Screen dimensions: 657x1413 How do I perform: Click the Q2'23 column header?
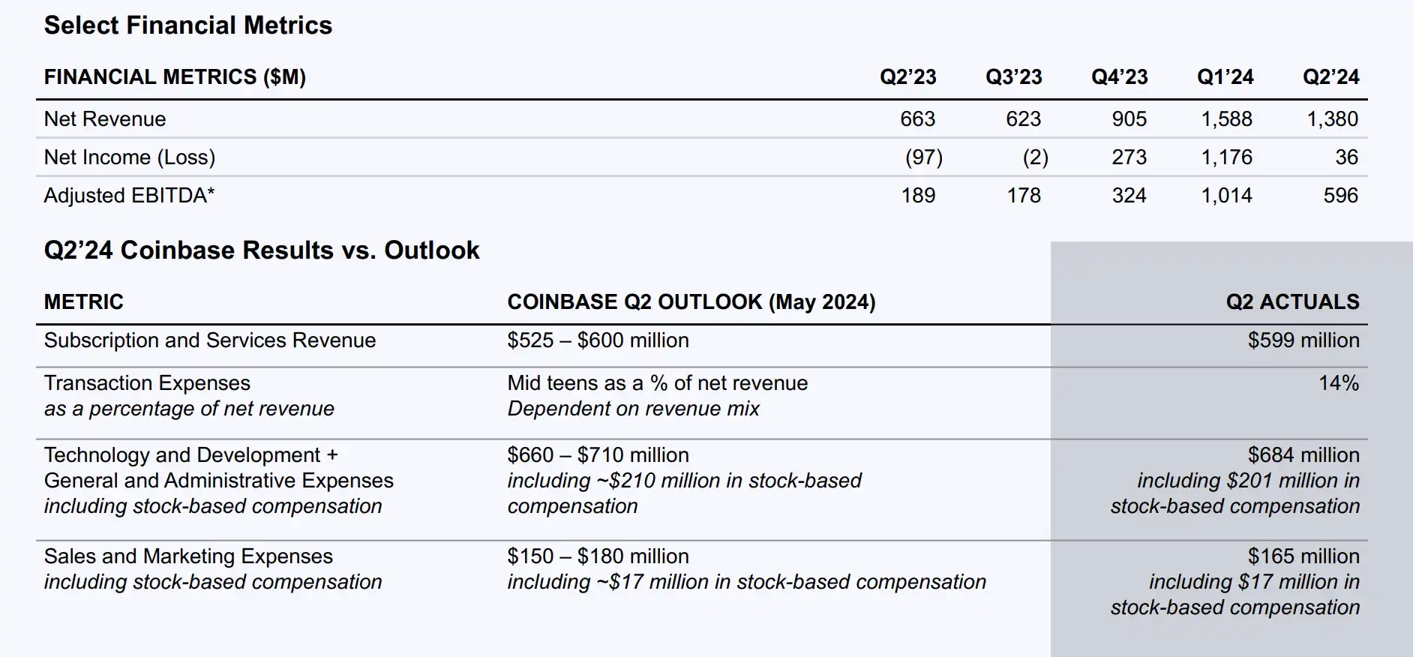[907, 77]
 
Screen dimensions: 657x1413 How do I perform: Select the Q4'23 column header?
[1119, 77]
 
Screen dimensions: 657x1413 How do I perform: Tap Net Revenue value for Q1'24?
[1226, 119]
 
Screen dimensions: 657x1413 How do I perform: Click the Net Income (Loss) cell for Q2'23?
[923, 157]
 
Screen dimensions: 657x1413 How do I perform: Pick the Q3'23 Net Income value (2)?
[1035, 157]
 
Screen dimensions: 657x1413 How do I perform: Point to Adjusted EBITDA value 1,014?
[1226, 196]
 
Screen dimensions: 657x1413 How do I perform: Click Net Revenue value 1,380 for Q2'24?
[1332, 119]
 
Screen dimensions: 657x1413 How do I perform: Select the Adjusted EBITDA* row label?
[129, 196]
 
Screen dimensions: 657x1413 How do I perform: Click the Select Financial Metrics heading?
[187, 25]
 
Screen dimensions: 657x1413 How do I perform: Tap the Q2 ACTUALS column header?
[1292, 302]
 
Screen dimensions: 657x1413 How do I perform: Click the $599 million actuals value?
[1303, 340]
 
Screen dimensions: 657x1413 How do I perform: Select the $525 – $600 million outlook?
[598, 340]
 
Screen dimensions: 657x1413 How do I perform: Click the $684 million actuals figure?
[1303, 455]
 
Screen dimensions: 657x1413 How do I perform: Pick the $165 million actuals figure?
[1303, 556]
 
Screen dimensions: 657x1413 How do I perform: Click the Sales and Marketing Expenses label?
[188, 556]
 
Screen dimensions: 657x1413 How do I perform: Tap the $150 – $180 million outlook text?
[598, 556]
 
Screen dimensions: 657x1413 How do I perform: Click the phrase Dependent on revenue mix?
[633, 409]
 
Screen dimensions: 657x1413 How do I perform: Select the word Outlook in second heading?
[431, 250]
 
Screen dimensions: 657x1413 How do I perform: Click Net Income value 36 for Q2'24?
[1345, 157]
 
